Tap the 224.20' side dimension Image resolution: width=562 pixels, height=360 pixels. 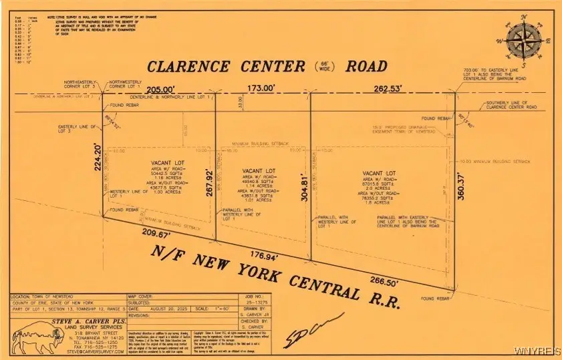pyautogui.click(x=98, y=158)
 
